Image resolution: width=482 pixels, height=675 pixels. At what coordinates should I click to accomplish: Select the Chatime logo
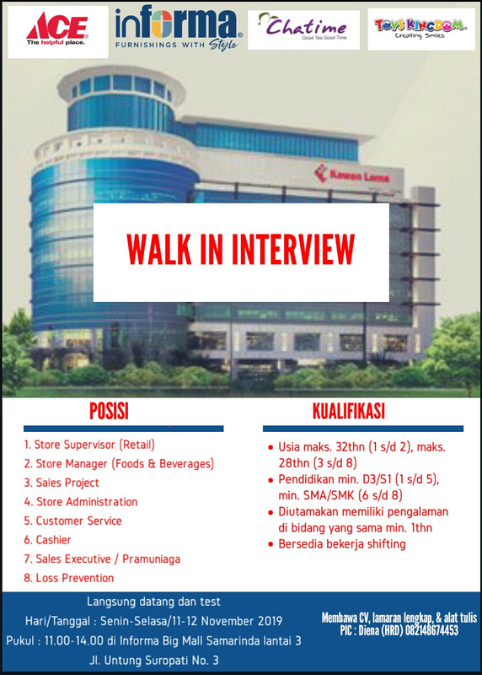tap(303, 29)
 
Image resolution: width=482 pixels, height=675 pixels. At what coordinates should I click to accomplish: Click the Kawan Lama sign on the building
tap(352, 175)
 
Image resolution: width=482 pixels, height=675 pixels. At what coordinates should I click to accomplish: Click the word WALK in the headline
tap(159, 249)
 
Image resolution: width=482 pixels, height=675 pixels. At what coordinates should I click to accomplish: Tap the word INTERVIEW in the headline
tap(293, 249)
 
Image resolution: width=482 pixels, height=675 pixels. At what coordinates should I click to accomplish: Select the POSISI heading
tap(110, 411)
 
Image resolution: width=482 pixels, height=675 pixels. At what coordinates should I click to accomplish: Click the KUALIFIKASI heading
tap(349, 411)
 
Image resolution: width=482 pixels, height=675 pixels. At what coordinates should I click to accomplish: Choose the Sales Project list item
tap(62, 483)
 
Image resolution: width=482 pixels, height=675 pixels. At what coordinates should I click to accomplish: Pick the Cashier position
tap(47, 540)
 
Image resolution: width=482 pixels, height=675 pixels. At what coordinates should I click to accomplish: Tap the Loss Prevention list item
tap(69, 578)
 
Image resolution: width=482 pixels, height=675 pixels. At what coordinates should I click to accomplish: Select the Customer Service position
tap(72, 521)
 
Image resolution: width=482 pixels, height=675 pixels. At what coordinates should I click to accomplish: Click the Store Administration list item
tap(81, 501)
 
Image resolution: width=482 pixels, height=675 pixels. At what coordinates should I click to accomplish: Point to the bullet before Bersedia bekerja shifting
tap(270, 544)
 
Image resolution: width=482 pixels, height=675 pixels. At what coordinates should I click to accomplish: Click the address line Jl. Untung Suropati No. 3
tap(154, 660)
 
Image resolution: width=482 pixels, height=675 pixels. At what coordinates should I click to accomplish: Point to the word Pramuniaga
tap(152, 559)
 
